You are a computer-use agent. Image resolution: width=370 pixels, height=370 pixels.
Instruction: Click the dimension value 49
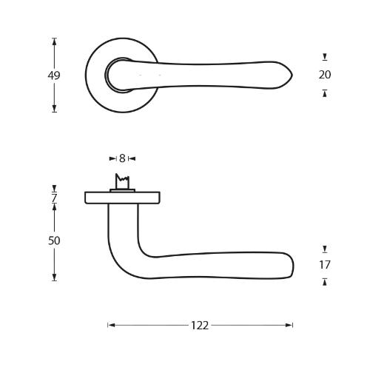pos(53,75)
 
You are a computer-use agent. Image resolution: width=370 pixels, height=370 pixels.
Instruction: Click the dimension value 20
pos(324,75)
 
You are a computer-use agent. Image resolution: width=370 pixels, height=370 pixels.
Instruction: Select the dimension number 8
pos(122,158)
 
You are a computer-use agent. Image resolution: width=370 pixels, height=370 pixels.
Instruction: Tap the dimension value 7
pos(54,198)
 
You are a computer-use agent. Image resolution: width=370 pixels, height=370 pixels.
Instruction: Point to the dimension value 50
pos(54,241)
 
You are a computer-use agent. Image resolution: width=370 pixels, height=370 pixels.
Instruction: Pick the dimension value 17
pos(324,265)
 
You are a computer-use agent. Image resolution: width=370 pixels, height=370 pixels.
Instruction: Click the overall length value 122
pos(200,325)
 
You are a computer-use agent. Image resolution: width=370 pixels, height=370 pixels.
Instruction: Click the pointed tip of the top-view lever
pos(291,75)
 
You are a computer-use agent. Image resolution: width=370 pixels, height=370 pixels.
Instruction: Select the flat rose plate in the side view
pos(122,198)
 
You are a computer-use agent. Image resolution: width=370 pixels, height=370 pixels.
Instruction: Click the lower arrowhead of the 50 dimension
pos(54,277)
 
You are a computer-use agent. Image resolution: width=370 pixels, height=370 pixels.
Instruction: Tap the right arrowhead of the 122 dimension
pos(289,325)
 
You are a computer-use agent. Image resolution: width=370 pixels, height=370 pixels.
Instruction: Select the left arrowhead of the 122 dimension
pos(111,325)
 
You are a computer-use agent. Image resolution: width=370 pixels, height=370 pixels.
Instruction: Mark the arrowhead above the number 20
pos(324,57)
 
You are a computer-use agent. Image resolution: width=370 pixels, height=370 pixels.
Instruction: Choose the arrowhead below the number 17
pos(324,281)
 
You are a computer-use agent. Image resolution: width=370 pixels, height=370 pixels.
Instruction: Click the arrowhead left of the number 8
pos(113,158)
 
